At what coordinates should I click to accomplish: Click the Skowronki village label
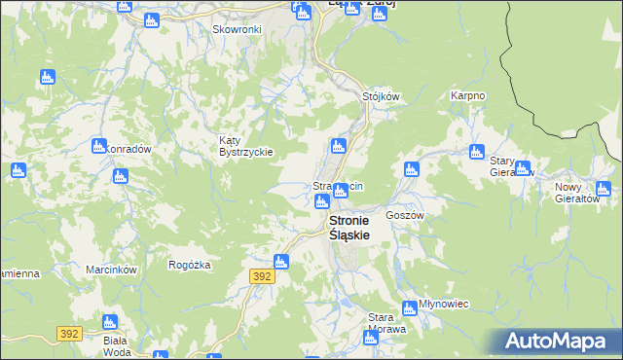(x=238, y=29)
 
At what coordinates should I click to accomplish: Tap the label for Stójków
(x=382, y=96)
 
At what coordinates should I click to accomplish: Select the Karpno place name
(x=467, y=96)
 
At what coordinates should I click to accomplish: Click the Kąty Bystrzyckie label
(x=245, y=146)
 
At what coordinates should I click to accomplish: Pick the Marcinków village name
(x=110, y=269)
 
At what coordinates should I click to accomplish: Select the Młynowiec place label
(x=443, y=304)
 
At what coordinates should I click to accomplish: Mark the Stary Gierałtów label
(x=512, y=166)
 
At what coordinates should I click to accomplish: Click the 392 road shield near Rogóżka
(x=262, y=276)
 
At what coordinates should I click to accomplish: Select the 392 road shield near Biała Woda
(x=68, y=333)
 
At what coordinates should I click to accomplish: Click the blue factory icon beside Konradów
(x=97, y=146)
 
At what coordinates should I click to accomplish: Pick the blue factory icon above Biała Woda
(x=109, y=321)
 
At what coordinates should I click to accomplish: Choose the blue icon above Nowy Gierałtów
(x=603, y=189)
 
